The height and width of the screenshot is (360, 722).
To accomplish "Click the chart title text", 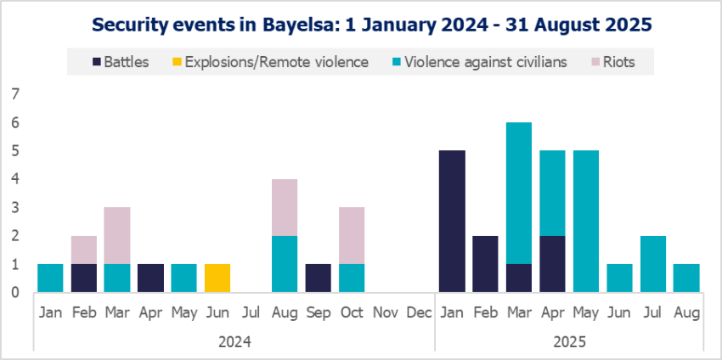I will point(361,25).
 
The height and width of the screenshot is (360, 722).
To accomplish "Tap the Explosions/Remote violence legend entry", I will point(268,61).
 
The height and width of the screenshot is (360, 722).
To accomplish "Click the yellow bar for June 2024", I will point(217,278).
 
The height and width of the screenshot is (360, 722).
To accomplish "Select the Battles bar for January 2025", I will point(451,222).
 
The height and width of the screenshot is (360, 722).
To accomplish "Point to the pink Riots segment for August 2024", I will point(285,207).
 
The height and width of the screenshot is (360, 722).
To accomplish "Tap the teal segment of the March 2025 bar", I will point(518,193).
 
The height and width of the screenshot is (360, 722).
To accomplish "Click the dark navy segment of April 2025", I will point(551,264).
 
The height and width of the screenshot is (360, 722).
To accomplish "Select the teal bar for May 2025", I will point(584,222).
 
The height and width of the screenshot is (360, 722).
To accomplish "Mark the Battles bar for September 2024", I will point(318,278).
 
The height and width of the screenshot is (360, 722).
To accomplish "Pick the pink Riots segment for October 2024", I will point(351,235).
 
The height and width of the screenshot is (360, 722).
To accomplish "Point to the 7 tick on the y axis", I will point(14,94).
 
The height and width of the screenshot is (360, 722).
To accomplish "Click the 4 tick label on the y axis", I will point(14,179).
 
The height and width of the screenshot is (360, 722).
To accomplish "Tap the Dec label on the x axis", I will point(418,312).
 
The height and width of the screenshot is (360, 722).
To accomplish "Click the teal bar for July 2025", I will point(651,264).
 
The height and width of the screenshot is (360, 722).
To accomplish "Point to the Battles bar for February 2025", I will point(484,264).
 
